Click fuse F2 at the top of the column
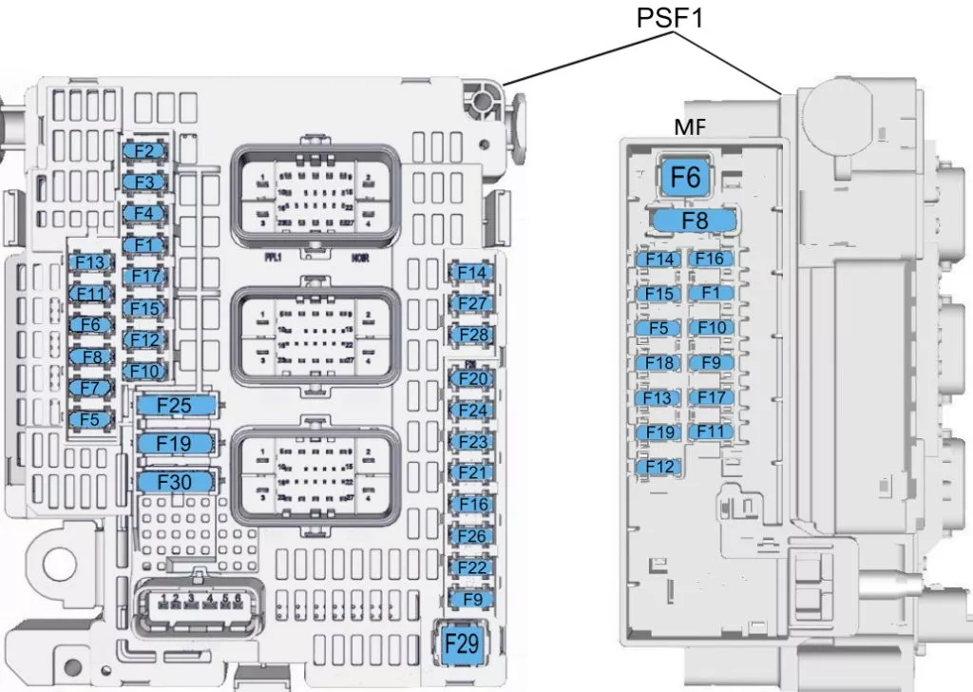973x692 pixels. (144, 151)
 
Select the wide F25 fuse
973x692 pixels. (175, 406)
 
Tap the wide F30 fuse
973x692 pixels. (175, 482)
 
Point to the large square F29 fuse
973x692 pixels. (462, 644)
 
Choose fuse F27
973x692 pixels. (472, 304)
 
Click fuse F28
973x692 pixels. (472, 336)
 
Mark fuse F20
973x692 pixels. (472, 379)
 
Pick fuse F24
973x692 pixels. (472, 411)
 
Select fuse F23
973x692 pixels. (472, 442)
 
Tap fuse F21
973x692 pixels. (472, 473)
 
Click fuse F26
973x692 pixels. (472, 536)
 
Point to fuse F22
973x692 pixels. (472, 567)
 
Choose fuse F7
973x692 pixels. (90, 388)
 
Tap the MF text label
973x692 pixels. (690, 127)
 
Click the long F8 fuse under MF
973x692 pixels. (695, 221)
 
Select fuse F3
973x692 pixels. (144, 182)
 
